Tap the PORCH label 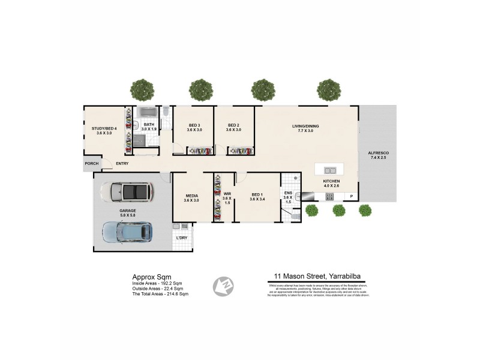pos(92,163)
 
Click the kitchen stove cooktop pos(329,196)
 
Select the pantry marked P pos(352,196)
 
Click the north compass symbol pos(223,286)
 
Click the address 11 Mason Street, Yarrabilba pos(318,277)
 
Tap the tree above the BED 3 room pos(201,90)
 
